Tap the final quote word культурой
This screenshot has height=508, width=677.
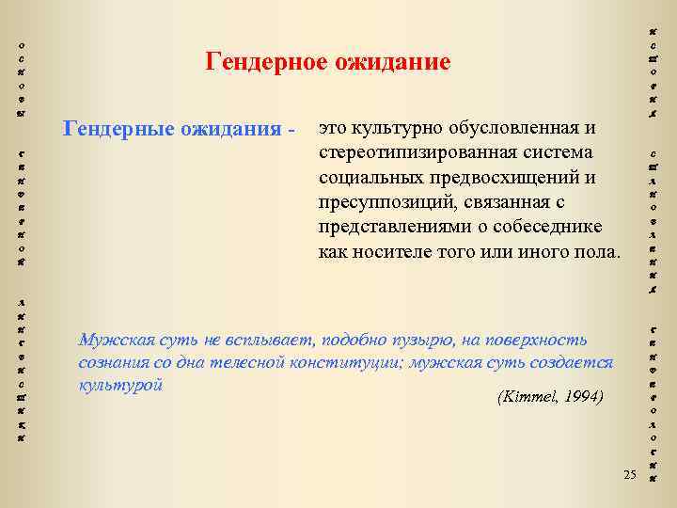point(121,385)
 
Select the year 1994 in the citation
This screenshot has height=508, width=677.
point(584,398)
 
